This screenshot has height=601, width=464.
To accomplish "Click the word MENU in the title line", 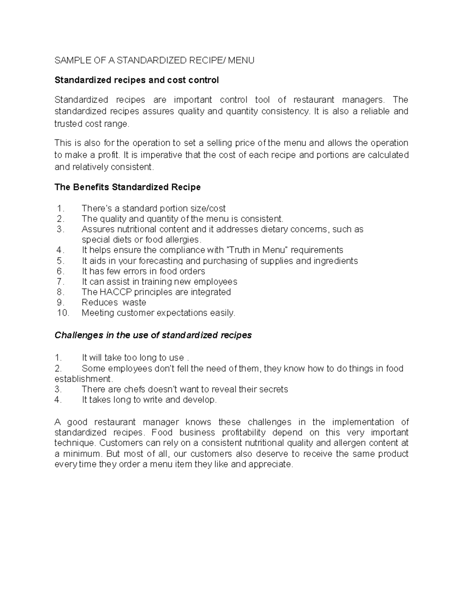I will coord(241,60).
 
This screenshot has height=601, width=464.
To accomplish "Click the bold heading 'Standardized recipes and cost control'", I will coord(136,80).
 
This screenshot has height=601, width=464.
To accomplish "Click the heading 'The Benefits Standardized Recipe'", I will coord(128,187).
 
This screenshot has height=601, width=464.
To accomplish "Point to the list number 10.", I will coord(63,313).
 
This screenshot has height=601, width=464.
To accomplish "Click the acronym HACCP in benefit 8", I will coord(116,292).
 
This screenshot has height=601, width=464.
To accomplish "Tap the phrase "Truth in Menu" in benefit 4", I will coord(257,250).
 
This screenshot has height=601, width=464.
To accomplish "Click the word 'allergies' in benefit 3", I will coord(183,240).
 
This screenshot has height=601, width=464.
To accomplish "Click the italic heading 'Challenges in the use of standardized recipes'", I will coord(153,335).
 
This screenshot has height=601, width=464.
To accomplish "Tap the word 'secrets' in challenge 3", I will coord(274,389).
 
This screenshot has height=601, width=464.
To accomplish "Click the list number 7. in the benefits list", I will coord(60,281).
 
